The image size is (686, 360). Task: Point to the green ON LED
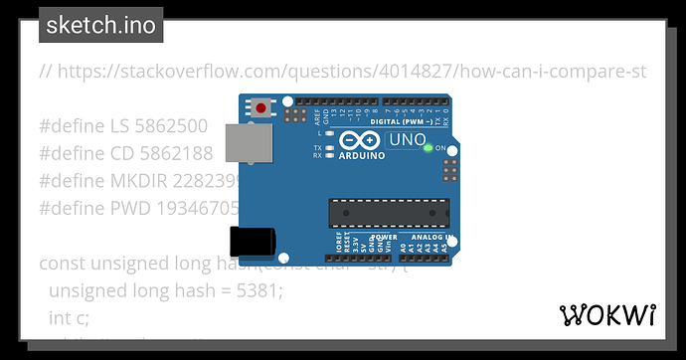428,148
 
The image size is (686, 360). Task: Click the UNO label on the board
406,142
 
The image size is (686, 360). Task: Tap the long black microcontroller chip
389,212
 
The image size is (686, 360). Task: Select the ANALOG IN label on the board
430,238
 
